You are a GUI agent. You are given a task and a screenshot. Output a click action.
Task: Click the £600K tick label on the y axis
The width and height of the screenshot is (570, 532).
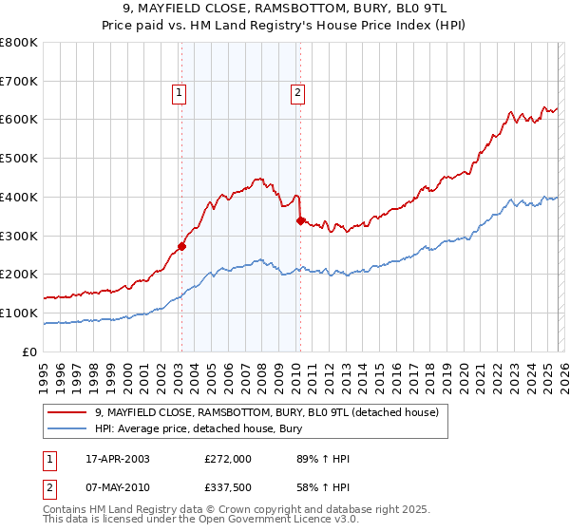19,120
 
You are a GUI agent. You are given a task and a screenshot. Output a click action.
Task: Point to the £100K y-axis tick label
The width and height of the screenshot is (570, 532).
19,313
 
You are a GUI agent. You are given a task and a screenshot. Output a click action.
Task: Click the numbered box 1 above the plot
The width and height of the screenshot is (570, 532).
180,92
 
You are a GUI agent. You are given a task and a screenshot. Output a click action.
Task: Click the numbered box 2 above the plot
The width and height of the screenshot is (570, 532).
297,92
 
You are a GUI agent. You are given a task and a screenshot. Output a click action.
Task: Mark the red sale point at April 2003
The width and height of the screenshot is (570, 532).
181,246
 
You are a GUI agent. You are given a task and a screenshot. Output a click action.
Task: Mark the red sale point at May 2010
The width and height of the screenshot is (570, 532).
300,220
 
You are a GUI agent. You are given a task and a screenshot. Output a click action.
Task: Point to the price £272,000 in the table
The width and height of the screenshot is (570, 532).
228,459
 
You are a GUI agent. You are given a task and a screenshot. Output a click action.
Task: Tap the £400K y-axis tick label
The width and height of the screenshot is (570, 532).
19,197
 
